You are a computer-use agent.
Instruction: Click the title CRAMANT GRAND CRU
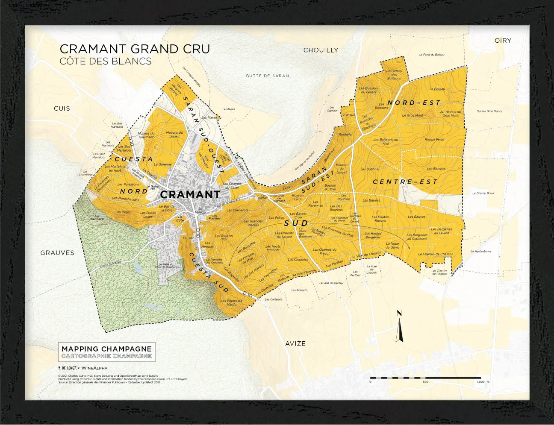(x=135, y=49)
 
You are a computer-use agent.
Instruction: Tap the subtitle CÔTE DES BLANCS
(x=106, y=61)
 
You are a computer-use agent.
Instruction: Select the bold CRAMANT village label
(x=190, y=195)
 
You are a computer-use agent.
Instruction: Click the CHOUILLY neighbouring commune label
(x=321, y=50)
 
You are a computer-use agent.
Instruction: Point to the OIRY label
(x=503, y=40)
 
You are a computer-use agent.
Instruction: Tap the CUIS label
(x=62, y=108)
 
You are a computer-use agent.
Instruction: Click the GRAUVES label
(x=57, y=253)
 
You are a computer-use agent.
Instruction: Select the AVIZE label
(x=295, y=343)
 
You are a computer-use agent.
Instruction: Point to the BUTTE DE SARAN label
(x=268, y=76)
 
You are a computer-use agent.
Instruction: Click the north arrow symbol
(x=399, y=327)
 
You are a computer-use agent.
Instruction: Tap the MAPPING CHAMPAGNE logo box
(x=106, y=352)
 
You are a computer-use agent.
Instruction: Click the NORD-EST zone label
(x=413, y=103)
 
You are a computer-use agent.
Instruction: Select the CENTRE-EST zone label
(x=405, y=182)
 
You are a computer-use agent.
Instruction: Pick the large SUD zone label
(x=296, y=223)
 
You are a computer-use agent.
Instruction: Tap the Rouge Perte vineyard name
(x=434, y=139)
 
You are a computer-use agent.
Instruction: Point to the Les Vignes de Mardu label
(x=231, y=302)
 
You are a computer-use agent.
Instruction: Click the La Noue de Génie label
(x=392, y=245)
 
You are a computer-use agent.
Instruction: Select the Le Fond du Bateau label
(x=432, y=55)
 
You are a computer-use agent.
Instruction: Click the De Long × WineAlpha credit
(x=83, y=368)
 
